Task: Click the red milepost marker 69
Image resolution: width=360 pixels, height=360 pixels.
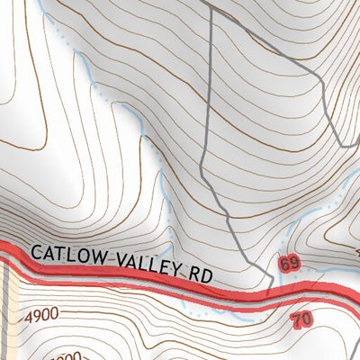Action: [289, 265]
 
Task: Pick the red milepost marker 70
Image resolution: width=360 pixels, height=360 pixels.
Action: [302, 319]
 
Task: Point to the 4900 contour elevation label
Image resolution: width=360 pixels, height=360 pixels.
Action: [42, 317]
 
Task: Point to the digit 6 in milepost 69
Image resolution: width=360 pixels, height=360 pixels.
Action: [284, 265]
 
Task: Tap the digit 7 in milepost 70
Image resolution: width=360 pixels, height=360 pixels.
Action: [298, 319]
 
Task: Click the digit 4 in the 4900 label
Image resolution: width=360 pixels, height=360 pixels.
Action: [30, 317]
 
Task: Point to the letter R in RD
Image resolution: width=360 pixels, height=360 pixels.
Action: [190, 273]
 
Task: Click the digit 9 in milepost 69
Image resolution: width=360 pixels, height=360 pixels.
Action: [293, 265]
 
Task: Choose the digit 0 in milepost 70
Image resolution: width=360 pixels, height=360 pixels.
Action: [307, 319]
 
